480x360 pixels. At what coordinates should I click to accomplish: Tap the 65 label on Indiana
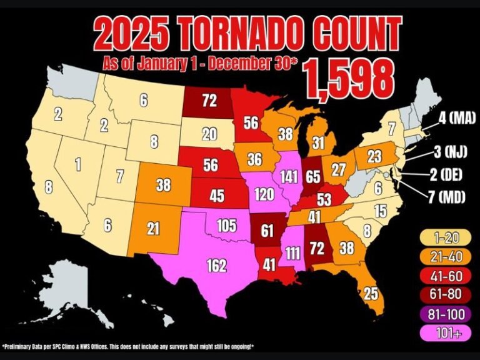click(x=314, y=176)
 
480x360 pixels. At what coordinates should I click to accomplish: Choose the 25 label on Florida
click(x=371, y=292)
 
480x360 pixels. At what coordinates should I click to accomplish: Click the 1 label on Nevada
click(x=77, y=165)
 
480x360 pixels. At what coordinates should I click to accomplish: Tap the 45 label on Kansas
click(x=216, y=196)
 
